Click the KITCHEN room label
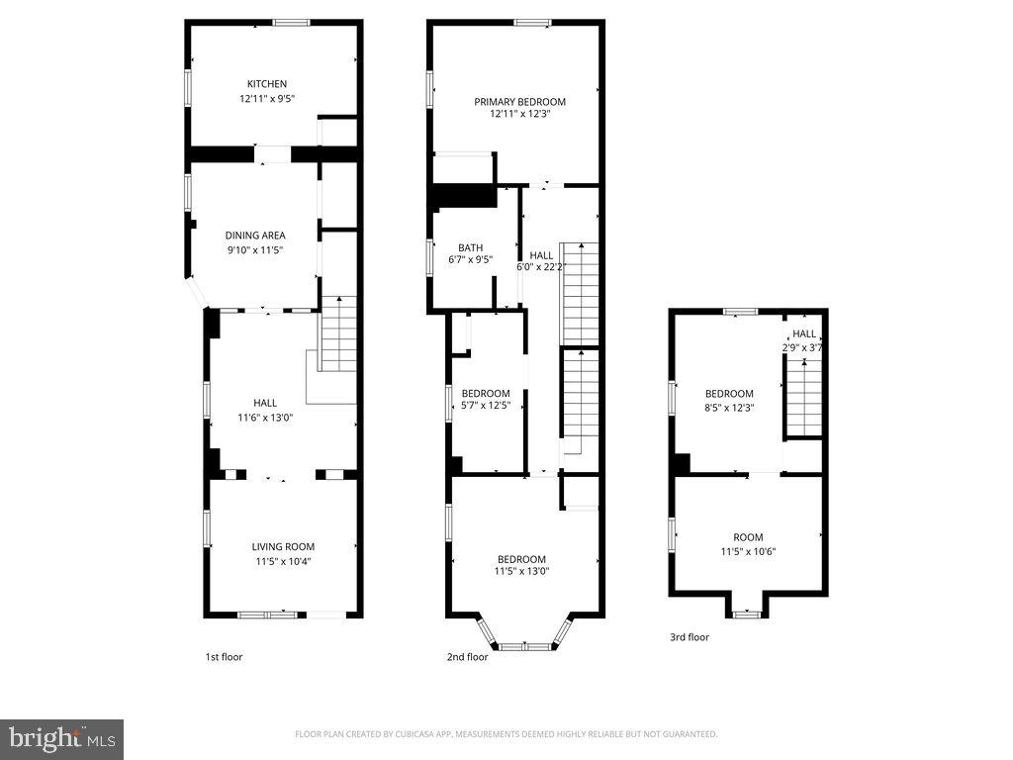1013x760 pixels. pos(267,84)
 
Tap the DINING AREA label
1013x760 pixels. pos(255,236)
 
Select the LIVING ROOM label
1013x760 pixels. pos(283,546)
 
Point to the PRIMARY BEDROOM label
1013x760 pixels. pos(519,102)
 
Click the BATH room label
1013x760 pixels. pos(470,247)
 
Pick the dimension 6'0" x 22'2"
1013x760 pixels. pos(541,267)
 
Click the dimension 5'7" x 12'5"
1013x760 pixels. pos(486,406)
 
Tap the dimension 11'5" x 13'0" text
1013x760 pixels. pos(521,571)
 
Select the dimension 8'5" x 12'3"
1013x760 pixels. pos(729,406)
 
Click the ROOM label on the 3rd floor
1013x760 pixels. pos(748,537)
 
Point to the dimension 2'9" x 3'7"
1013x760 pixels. pos(803,347)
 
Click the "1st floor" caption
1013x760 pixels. pos(224,657)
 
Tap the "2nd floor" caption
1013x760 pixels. pos(467,657)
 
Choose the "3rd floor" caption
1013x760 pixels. pos(690,637)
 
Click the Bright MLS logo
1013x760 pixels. pos(61,738)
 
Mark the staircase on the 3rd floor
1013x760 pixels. pos(804,396)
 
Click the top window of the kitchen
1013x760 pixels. pos(291,23)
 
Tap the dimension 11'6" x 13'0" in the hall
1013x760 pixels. pos(265,417)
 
